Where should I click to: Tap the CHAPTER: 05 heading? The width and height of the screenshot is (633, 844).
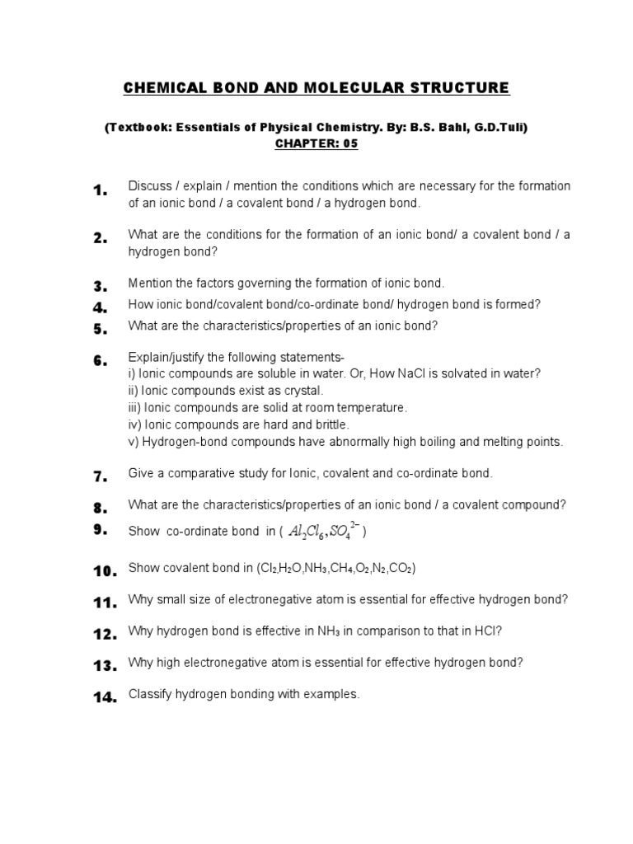(316, 143)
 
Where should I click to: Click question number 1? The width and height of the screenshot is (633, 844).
(101, 191)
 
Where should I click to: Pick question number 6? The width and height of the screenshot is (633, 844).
(101, 361)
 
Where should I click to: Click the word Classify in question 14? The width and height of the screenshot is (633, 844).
(151, 694)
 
